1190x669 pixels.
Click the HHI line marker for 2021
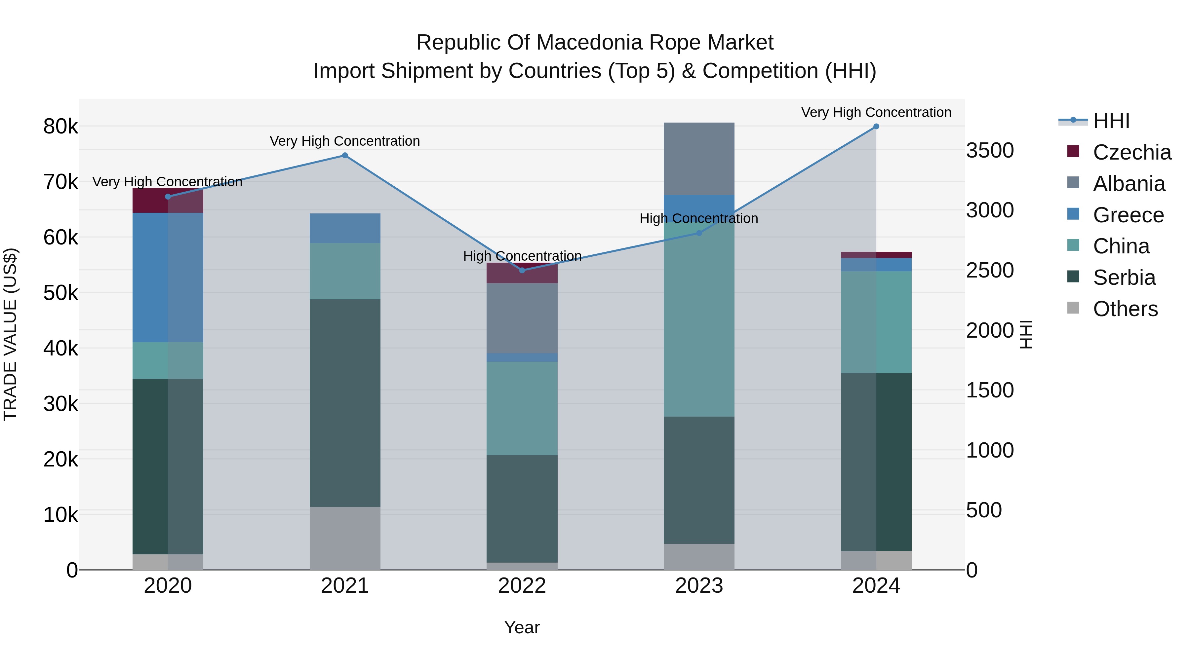[x=345, y=156]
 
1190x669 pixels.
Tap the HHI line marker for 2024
[x=876, y=127]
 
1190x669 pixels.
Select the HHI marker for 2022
[x=522, y=271]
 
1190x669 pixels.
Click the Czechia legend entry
[x=1132, y=152]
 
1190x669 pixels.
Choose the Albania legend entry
[x=1129, y=184]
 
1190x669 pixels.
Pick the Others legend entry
[x=1125, y=309]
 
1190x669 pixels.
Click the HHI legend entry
[x=1111, y=121]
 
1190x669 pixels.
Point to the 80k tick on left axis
[x=60, y=127]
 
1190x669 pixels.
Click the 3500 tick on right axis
[x=990, y=151]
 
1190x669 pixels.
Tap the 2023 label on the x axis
[x=699, y=586]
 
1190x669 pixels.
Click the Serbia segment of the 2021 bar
[x=345, y=403]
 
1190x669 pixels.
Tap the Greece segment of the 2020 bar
[x=168, y=277]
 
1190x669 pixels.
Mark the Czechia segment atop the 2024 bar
[x=876, y=255]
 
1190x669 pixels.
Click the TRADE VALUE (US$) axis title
[x=10, y=334]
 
